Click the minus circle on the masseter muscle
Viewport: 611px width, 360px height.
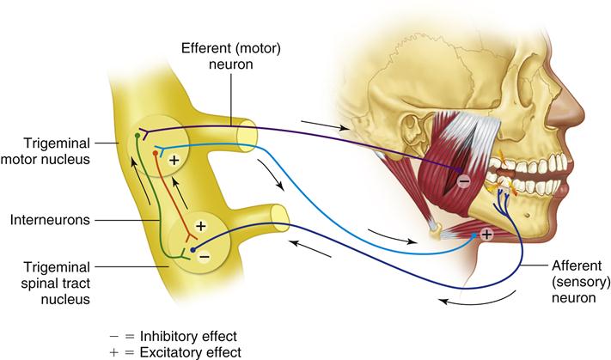[x=463, y=181]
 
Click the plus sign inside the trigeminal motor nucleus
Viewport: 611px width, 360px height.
[x=174, y=161]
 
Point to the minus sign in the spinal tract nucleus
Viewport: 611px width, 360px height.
[x=203, y=255]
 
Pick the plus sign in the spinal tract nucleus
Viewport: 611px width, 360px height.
[x=201, y=225]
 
